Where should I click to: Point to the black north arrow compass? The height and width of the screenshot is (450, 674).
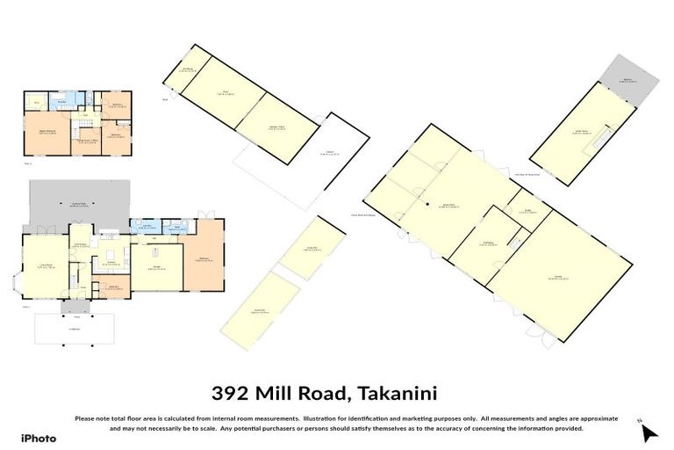point(648,432)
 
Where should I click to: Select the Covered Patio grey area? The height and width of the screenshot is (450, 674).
point(79,203)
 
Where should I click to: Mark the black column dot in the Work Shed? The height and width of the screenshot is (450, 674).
point(427,205)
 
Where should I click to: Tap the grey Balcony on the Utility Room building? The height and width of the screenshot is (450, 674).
point(627,77)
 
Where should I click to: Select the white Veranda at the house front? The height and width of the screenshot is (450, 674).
point(75,330)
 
